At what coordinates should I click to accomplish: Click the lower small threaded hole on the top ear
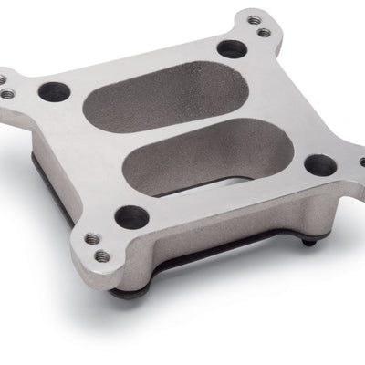point(264,33)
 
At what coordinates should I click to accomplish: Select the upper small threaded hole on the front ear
point(90,239)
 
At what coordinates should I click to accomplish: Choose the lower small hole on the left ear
point(8,93)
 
